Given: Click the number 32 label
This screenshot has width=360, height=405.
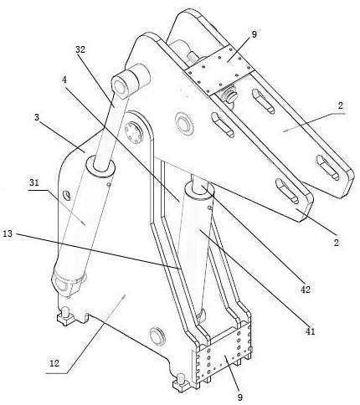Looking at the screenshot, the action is (80, 49).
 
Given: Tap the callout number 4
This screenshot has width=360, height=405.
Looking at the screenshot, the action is (64, 79).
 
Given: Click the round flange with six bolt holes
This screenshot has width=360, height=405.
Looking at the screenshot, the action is (134, 130).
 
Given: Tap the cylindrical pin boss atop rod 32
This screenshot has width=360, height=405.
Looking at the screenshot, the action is (131, 80).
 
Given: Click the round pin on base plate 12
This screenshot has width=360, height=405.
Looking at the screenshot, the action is (157, 336).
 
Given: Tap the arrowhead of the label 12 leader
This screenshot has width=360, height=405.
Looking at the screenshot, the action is (124, 295).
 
